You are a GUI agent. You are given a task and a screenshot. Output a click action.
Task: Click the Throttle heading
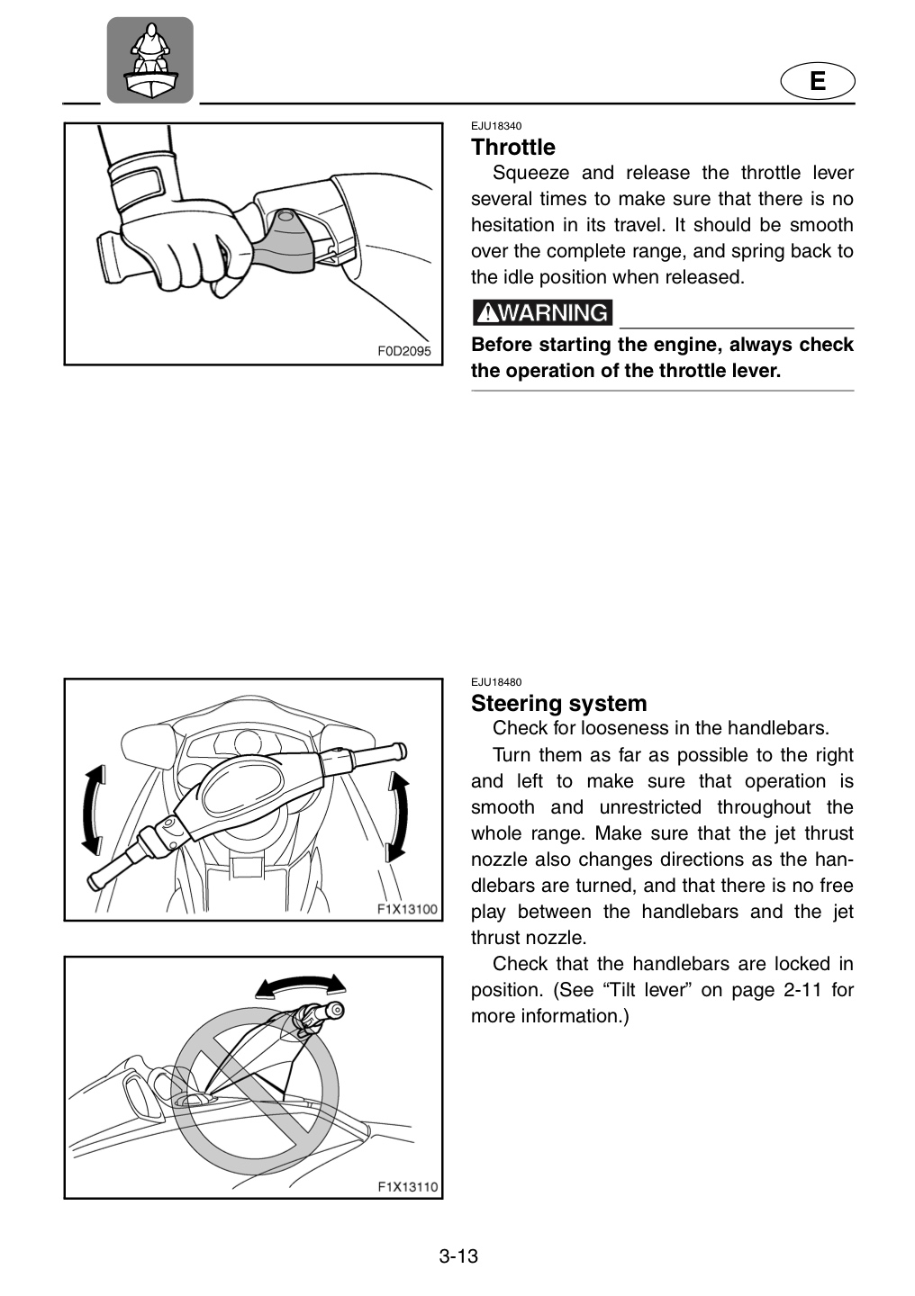513,148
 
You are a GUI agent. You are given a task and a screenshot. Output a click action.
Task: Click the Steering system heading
559,704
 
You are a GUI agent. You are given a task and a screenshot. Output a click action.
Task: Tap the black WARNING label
542,312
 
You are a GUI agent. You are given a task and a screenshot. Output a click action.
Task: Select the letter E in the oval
818,80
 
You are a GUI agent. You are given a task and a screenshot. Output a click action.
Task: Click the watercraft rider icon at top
150,60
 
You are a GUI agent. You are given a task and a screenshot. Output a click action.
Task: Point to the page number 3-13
458,1256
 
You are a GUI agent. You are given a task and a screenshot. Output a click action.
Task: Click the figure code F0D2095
404,351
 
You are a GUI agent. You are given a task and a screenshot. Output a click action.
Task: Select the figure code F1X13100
407,909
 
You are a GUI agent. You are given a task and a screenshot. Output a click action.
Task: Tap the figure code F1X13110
408,1187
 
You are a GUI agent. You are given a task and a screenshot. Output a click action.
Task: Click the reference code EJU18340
496,126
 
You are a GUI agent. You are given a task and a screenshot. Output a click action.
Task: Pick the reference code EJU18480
496,682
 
